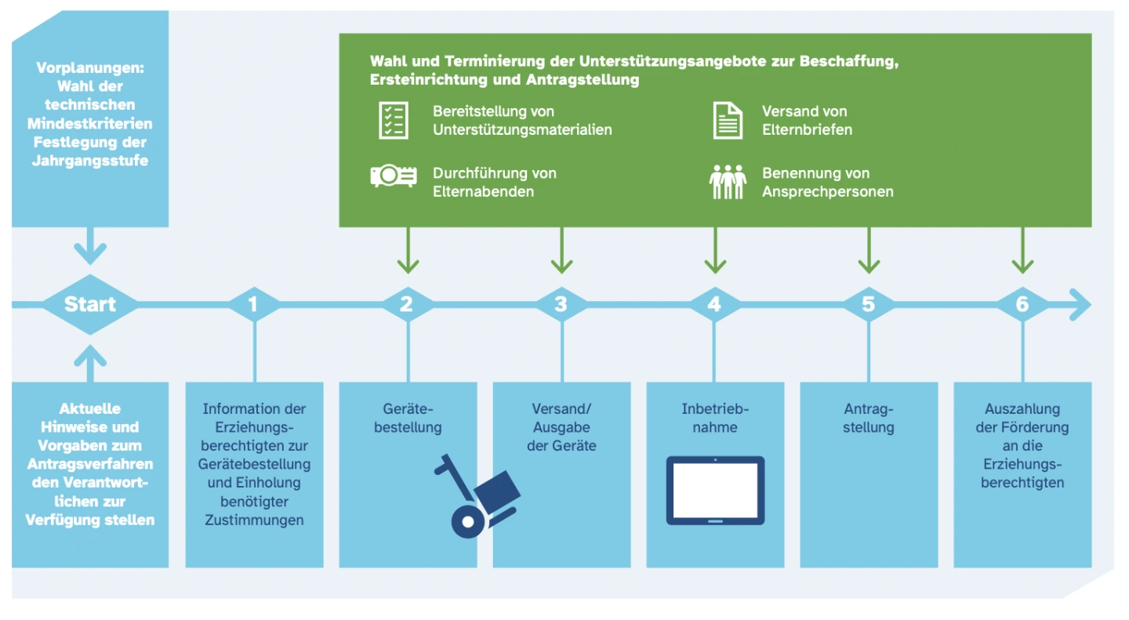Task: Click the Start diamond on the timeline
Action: coord(89,304)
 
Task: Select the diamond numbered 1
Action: coord(253,304)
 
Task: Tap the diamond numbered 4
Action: coord(714,304)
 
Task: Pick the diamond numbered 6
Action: coord(1022,304)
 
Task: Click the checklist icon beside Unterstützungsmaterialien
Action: coord(394,120)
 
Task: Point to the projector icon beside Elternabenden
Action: coord(394,176)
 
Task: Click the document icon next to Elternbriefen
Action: coord(728,120)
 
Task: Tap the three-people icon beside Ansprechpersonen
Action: coord(728,182)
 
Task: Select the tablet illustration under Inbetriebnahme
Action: coord(715,490)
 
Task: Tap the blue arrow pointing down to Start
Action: coord(89,246)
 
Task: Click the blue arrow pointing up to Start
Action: coord(91,364)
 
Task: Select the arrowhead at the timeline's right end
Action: coord(1080,304)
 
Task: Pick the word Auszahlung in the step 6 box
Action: coord(1022,408)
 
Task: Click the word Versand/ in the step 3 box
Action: coord(561,408)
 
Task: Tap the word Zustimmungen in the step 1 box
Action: coord(254,520)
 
